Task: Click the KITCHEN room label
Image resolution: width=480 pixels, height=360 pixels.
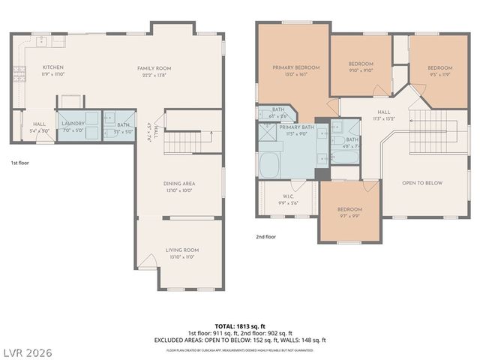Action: point(53,68)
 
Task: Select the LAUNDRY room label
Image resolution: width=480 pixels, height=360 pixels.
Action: point(73,123)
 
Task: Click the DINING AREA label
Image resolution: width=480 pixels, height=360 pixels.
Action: point(179,183)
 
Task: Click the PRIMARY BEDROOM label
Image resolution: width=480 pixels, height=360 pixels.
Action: point(295,67)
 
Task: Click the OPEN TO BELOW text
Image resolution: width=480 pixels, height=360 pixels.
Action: point(422,182)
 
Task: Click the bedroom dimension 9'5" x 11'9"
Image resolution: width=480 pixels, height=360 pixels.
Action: point(440,72)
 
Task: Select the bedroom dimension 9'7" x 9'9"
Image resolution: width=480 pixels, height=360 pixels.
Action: point(349,215)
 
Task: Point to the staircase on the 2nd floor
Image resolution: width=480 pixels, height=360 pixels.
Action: point(431,122)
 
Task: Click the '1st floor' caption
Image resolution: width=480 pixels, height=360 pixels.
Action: point(19,163)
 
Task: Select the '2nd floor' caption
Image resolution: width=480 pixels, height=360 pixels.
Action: point(265,236)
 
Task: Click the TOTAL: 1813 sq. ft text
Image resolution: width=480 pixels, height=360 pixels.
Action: point(239,326)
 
